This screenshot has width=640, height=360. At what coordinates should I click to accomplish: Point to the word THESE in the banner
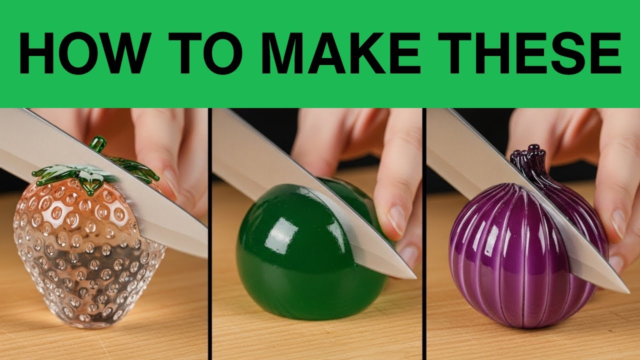(x=529, y=53)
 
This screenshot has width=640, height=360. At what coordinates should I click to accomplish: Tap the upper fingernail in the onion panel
(x=617, y=223)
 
